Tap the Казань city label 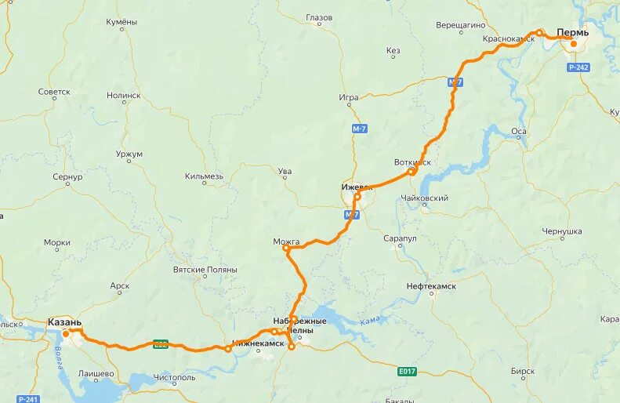point(64,322)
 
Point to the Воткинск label point(412,162)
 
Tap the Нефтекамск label point(431,287)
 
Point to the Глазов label point(319,17)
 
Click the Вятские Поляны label point(205,270)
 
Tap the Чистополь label point(175,377)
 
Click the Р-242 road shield point(578,67)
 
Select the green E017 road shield point(406,371)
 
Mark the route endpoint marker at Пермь point(574,44)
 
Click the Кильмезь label point(205,176)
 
